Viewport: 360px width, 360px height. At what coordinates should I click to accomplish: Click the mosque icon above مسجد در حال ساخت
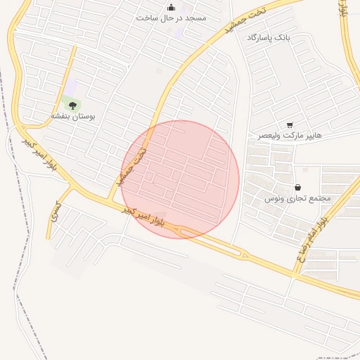coord(171,8)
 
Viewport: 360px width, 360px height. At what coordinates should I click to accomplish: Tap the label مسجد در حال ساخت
coord(172,18)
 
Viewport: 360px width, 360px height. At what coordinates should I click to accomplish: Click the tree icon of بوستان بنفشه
coord(72,105)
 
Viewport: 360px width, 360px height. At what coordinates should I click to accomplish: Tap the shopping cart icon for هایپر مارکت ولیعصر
coord(290,124)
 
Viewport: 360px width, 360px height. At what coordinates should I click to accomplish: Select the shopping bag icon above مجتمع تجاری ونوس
coord(299,188)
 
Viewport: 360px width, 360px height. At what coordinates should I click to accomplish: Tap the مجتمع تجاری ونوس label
coord(297,198)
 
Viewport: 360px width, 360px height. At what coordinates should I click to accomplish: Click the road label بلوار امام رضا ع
coord(312,238)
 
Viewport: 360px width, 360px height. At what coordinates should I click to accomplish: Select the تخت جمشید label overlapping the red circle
coord(133,167)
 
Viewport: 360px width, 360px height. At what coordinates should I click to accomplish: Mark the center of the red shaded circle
coord(181,179)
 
